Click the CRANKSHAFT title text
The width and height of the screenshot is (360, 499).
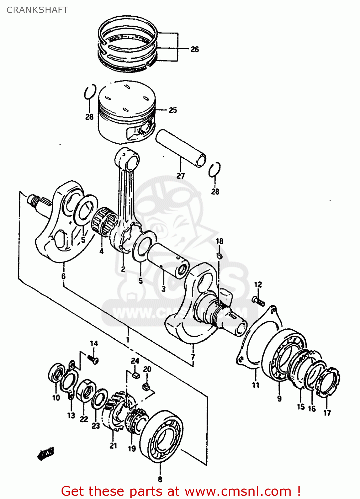(37, 10)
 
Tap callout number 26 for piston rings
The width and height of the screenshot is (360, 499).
(195, 49)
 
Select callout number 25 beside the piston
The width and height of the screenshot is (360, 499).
(173, 110)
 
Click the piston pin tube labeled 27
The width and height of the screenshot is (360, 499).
(181, 148)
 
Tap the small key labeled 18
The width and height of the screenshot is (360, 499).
(219, 255)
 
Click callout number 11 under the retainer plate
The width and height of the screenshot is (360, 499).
(256, 385)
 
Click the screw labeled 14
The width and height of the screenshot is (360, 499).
(93, 359)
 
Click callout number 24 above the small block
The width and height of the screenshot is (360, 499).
(135, 361)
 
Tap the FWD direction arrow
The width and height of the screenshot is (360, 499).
(46, 453)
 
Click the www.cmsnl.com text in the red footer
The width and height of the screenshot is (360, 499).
(238, 491)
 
